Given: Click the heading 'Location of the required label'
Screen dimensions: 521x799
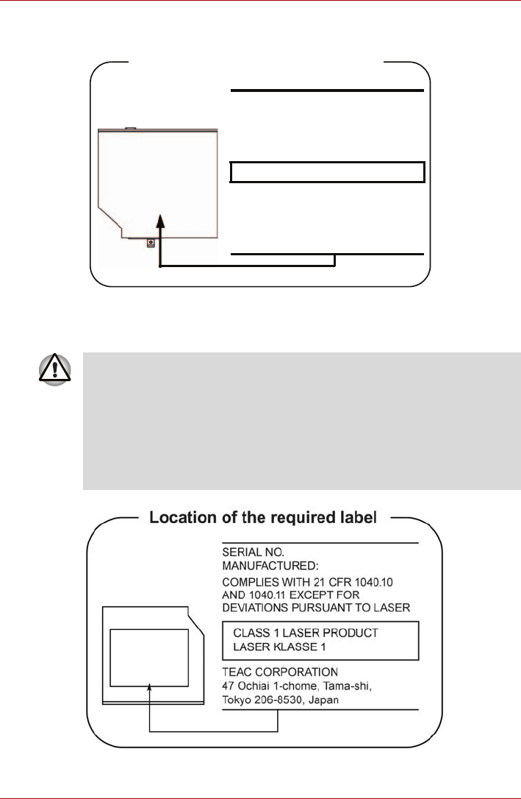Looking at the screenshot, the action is pyautogui.click(x=263, y=517).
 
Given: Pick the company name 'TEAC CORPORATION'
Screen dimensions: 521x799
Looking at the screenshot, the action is pyautogui.click(x=279, y=672).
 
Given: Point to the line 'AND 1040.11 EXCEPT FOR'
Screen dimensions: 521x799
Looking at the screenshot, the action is pyautogui.click(x=287, y=594).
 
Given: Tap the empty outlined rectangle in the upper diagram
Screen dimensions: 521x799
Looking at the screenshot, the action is pyautogui.click(x=328, y=172).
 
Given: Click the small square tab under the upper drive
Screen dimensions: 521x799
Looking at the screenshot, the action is pyautogui.click(x=150, y=242).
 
